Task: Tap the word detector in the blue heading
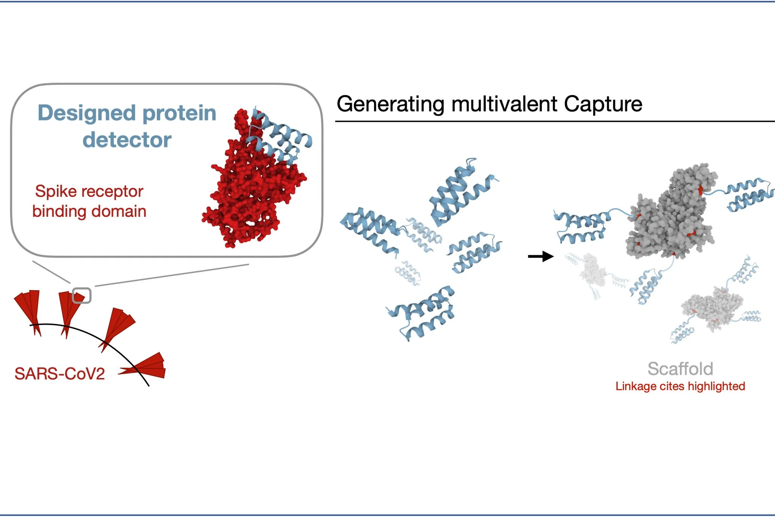pos(127,140)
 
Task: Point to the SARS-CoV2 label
pos(59,374)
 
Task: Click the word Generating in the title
pos(390,104)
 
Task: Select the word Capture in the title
pos(603,104)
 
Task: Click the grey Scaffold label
pos(680,369)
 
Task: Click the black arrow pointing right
pos(541,257)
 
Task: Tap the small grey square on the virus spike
pos(81,296)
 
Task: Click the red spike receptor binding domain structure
pos(250,190)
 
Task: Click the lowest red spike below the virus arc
pos(148,367)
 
